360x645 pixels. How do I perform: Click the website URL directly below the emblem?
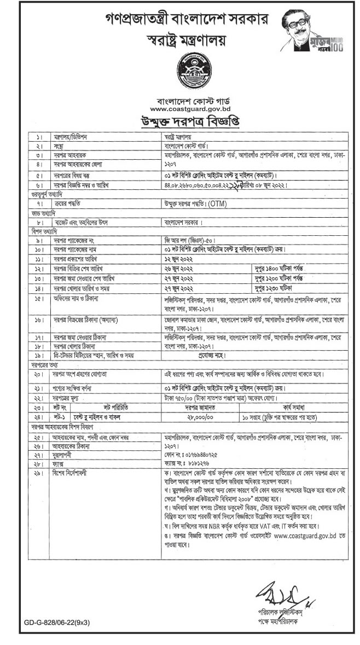(180, 108)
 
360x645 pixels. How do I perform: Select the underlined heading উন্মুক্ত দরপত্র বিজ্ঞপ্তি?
(180, 120)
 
